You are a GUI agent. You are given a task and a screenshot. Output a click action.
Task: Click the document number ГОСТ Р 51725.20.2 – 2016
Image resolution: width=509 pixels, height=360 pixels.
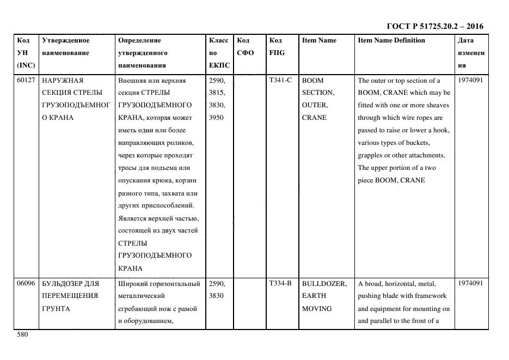(434, 26)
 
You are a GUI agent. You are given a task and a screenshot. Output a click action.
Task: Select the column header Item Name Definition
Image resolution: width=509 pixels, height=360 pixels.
(391, 40)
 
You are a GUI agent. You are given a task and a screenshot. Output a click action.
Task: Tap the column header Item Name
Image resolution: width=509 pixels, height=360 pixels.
(319, 40)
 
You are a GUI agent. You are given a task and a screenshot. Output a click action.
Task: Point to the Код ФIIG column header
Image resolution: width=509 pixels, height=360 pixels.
(276, 46)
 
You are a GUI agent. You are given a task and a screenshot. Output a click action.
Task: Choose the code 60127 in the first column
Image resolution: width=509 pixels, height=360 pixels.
(26, 81)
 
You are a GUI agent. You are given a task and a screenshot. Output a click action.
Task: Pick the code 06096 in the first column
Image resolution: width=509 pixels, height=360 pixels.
(26, 284)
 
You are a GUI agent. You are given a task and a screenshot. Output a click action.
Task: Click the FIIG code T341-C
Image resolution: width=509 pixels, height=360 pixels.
(280, 81)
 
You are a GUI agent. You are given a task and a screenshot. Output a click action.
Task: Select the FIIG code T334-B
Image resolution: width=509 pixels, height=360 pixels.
(280, 284)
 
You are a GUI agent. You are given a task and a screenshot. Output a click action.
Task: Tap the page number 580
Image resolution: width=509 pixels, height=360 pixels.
(22, 335)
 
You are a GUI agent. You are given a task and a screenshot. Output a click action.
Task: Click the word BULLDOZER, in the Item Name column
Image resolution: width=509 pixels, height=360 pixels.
(324, 284)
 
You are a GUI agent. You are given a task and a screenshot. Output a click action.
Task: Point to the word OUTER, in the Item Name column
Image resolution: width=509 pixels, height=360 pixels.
(315, 105)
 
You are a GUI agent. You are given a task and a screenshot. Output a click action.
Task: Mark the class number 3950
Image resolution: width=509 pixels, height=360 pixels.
(217, 118)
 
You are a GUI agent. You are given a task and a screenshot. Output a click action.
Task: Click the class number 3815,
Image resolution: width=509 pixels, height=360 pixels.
(218, 93)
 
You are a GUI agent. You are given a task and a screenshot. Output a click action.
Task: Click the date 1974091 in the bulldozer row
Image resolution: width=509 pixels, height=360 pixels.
(470, 284)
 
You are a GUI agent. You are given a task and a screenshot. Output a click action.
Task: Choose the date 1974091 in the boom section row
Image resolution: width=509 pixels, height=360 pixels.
(470, 81)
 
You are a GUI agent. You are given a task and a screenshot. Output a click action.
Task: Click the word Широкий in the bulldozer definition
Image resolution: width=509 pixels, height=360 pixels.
(132, 284)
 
